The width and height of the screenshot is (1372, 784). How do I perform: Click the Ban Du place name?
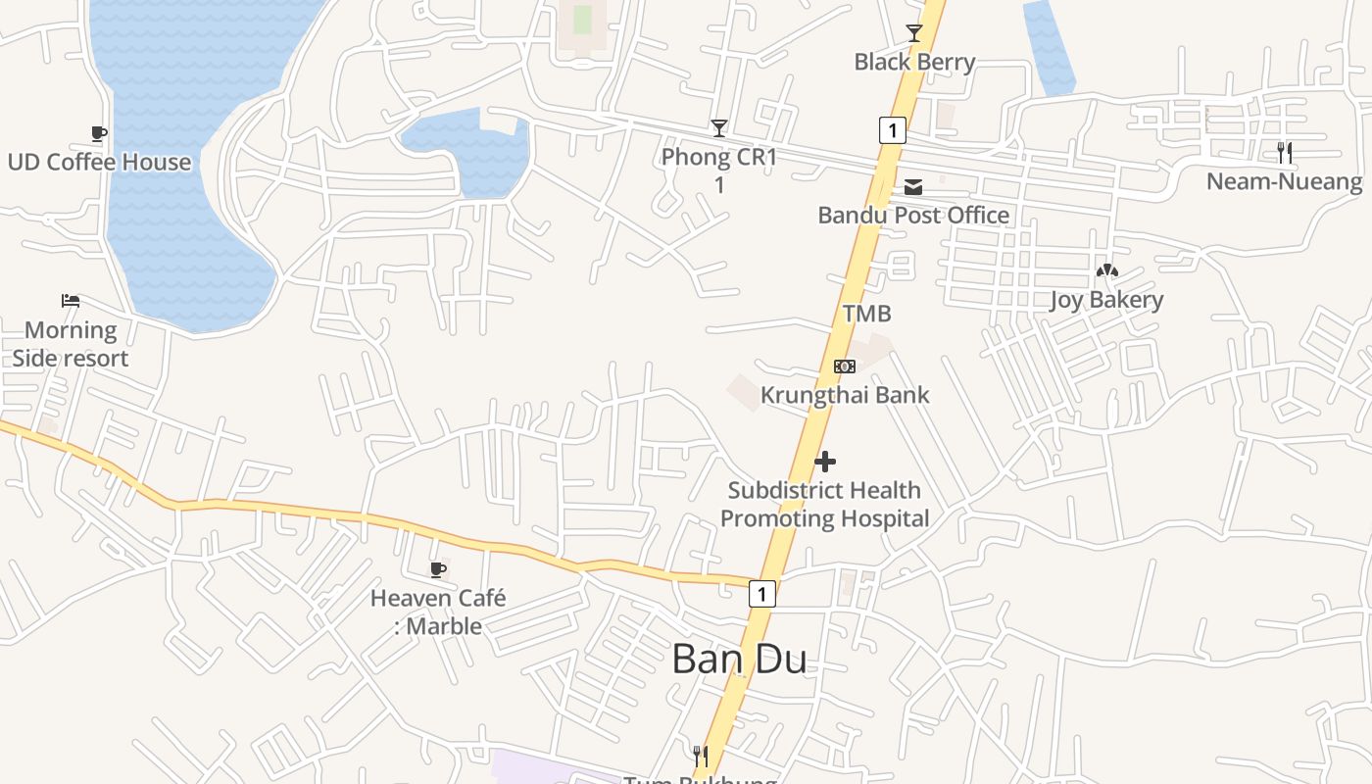point(740,659)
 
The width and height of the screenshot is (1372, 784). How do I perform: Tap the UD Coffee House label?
point(99,162)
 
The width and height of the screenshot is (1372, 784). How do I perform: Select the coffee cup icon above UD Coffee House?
point(98,133)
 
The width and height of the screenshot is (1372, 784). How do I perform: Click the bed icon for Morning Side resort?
point(71,301)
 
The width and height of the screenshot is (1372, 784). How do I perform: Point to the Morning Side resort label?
point(71,344)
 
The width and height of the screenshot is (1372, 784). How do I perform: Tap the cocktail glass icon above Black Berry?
point(914,33)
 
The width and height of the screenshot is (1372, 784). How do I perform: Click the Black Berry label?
point(914,62)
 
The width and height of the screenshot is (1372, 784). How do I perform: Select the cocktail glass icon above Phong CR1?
point(719,127)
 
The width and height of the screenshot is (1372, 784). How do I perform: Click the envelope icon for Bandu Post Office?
point(913,187)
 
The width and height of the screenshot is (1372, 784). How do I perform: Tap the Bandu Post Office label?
point(913,215)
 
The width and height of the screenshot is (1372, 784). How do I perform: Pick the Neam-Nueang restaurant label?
point(1284,181)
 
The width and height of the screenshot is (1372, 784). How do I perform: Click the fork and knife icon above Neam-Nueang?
point(1285,153)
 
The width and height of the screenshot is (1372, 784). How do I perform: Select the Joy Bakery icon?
point(1106,271)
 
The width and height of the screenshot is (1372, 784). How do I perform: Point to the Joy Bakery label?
point(1106,300)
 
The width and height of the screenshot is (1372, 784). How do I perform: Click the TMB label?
point(867,314)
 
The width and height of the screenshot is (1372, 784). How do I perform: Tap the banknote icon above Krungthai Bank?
point(845,367)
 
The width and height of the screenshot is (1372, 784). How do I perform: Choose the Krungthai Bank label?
point(845,395)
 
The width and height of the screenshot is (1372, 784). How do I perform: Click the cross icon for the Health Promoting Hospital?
point(825,462)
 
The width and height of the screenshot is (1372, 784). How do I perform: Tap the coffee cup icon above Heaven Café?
point(438,569)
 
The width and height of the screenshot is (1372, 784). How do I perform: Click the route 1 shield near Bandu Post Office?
point(892,129)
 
